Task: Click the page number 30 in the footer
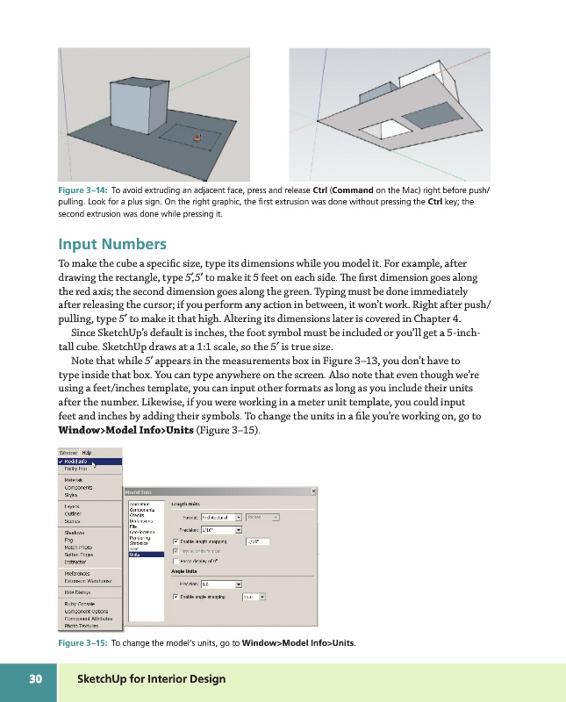(36, 679)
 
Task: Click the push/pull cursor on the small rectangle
(197, 138)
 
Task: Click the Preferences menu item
(78, 573)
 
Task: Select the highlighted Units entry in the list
(136, 555)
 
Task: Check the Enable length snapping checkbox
(176, 541)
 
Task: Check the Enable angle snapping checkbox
(176, 597)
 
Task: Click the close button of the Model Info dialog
(314, 491)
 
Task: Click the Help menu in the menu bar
(87, 452)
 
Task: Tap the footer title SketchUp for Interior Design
(151, 679)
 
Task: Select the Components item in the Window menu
(79, 487)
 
